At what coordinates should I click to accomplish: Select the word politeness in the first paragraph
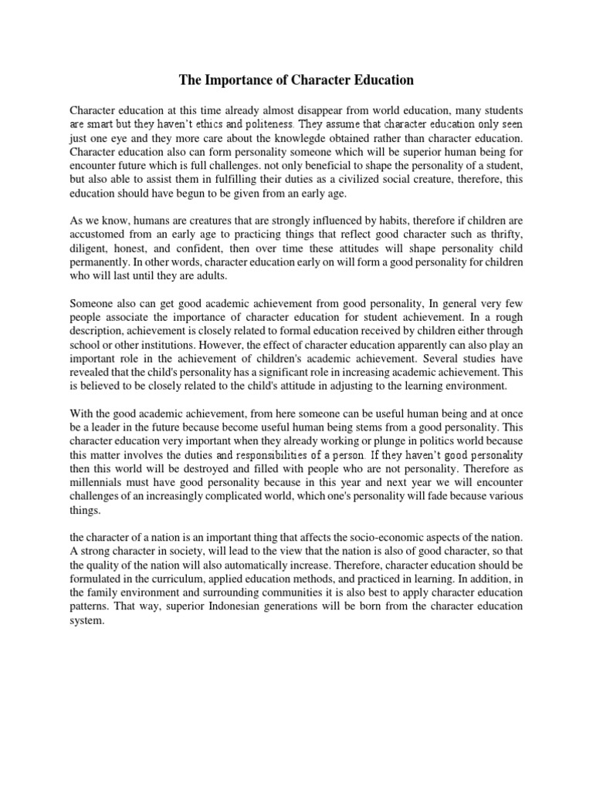coord(264,123)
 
